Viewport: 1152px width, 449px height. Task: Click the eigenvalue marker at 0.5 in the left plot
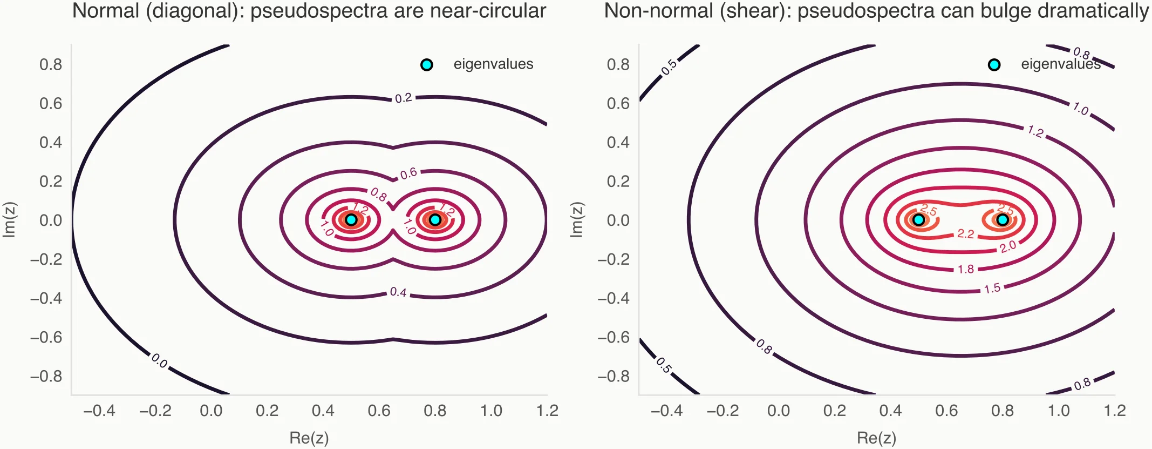pyautogui.click(x=351, y=220)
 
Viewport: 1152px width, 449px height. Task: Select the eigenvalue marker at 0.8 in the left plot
pyautogui.click(x=435, y=220)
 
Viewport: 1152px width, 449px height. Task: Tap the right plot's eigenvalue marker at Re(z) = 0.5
pyautogui.click(x=919, y=220)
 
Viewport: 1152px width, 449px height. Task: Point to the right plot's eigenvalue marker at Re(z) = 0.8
pyautogui.click(x=1003, y=220)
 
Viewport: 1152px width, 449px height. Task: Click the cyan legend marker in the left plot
pyautogui.click(x=426, y=65)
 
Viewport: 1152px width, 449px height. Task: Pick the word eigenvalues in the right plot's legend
pyautogui.click(x=1060, y=64)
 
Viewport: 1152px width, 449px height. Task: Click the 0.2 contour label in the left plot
pyautogui.click(x=403, y=98)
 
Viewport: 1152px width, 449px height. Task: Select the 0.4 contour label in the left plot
pyautogui.click(x=398, y=292)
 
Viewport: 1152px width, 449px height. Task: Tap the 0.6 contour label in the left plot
pyautogui.click(x=408, y=173)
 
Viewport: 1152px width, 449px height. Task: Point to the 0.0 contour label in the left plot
pyautogui.click(x=159, y=360)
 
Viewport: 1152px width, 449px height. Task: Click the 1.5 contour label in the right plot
pyautogui.click(x=992, y=289)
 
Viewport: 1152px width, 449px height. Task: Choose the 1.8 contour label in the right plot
pyautogui.click(x=966, y=269)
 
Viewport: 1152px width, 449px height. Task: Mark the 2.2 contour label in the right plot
pyautogui.click(x=966, y=234)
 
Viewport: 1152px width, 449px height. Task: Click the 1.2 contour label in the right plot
pyautogui.click(x=1035, y=131)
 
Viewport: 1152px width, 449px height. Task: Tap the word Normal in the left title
pyautogui.click(x=106, y=11)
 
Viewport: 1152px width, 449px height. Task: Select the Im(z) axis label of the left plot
pyautogui.click(x=10, y=220)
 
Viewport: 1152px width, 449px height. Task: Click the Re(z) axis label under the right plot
pyautogui.click(x=876, y=438)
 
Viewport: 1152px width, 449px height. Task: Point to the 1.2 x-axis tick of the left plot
pyautogui.click(x=547, y=411)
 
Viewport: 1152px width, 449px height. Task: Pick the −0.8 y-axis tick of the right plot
pyautogui.click(x=614, y=376)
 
